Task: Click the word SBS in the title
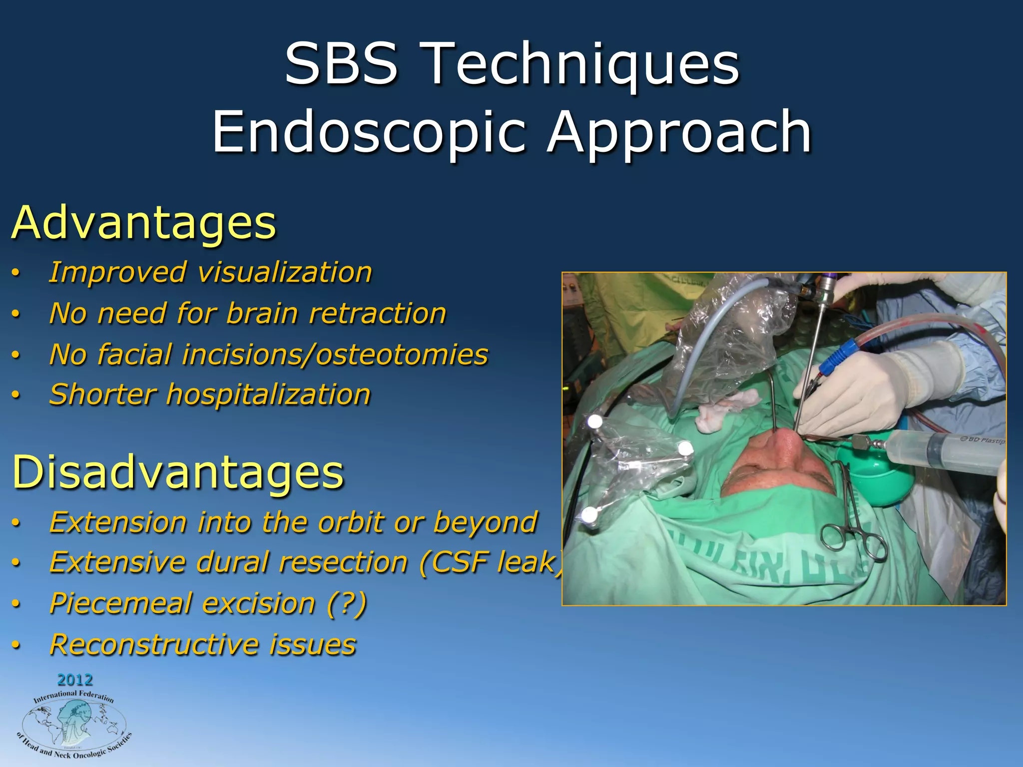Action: pyautogui.click(x=342, y=64)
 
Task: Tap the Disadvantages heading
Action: pyautogui.click(x=178, y=472)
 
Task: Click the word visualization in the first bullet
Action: pyautogui.click(x=285, y=273)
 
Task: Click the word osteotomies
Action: pyautogui.click(x=402, y=355)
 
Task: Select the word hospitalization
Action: pyautogui.click(x=268, y=394)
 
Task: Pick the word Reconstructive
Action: pyautogui.click(x=152, y=644)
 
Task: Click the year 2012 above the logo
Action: pyautogui.click(x=75, y=680)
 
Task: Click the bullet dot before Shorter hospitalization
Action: pyautogui.click(x=16, y=395)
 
